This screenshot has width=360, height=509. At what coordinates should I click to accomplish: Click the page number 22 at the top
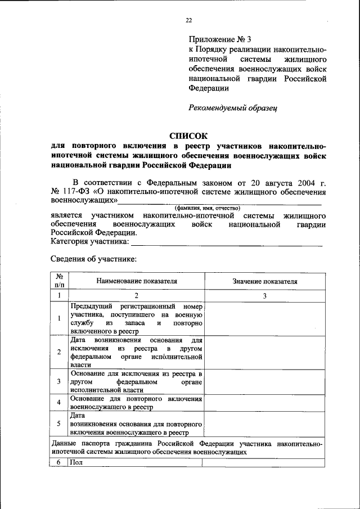click(189, 20)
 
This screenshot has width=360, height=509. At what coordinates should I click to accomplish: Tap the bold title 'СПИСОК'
click(188, 136)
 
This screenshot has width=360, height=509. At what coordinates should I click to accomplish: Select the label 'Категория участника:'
click(90, 242)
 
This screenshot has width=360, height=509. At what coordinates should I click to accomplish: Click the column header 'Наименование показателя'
click(136, 281)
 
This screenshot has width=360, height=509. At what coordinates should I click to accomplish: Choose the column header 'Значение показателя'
click(264, 281)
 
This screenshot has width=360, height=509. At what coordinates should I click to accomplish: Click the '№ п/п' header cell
click(59, 281)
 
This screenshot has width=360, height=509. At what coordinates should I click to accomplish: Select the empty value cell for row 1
click(264, 319)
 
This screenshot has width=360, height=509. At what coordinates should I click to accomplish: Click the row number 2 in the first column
click(59, 352)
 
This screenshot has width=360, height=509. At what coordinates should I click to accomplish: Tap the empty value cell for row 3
click(264, 381)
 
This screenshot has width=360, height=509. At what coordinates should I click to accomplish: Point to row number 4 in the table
click(59, 403)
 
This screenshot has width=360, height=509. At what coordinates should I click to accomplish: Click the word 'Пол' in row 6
click(76, 462)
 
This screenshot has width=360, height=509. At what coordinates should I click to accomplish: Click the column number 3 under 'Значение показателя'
click(264, 296)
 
